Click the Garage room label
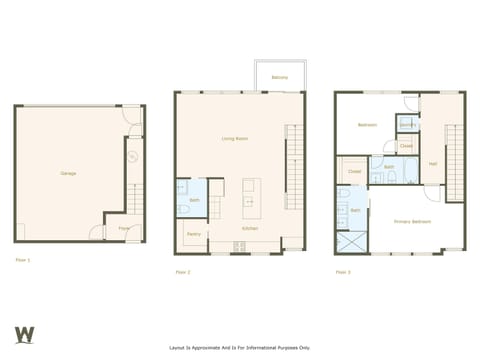[68, 173]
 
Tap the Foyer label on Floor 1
[124, 228]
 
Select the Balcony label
[280, 76]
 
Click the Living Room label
[234, 138]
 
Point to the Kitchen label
[250, 228]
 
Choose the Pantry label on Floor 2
[193, 234]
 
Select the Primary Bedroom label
[411, 221]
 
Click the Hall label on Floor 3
[432, 163]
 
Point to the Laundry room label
[407, 124]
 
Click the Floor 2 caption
[183, 271]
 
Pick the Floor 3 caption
[343, 271]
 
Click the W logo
[25, 334]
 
